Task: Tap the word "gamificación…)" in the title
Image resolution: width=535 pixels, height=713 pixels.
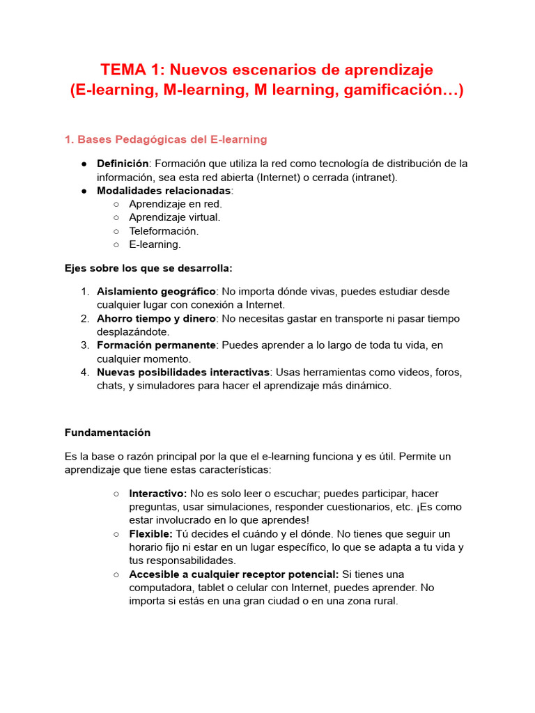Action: (x=403, y=91)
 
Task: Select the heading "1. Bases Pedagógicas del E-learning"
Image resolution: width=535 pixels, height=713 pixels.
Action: (x=166, y=140)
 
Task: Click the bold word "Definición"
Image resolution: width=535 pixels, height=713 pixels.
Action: (x=123, y=164)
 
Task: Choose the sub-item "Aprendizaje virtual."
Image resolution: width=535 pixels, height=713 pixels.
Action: (x=174, y=217)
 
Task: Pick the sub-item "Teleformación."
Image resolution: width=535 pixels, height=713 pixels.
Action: (x=164, y=230)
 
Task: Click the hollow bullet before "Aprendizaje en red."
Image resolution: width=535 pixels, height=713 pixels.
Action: (x=116, y=204)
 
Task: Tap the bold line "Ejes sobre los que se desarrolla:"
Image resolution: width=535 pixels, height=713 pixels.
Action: (x=148, y=268)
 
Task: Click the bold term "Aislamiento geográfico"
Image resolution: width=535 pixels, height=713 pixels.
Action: (x=156, y=291)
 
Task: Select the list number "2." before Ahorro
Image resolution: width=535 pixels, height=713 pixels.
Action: (x=84, y=318)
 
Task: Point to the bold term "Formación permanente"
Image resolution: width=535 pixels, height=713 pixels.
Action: (x=156, y=345)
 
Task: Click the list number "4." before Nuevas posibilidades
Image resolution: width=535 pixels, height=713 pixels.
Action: (x=84, y=373)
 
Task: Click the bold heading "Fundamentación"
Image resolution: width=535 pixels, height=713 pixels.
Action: (x=107, y=432)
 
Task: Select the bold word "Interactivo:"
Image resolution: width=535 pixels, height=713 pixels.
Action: (x=157, y=494)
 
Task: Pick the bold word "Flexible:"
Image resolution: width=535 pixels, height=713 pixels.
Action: (x=150, y=534)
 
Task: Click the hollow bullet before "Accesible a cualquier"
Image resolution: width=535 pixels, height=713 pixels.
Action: (x=116, y=574)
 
